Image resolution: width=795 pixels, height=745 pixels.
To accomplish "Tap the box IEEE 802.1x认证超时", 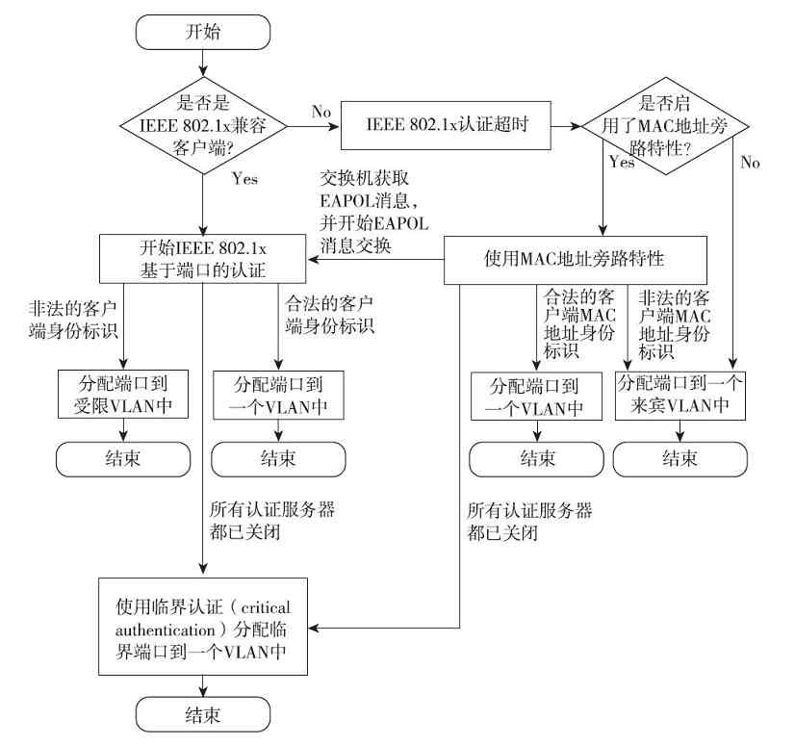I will pos(447,126).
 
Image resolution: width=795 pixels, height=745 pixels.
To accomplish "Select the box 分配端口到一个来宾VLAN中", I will pos(681,396).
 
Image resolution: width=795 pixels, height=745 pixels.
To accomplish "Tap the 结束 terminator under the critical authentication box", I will pos(202,714).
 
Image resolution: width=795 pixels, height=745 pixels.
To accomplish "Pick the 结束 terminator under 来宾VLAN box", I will pos(681,459).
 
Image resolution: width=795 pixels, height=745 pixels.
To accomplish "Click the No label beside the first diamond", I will pos(322,112).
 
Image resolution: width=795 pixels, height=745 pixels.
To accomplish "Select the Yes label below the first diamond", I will pos(244,179).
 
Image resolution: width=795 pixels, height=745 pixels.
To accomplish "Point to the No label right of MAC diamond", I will pos(750,163).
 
